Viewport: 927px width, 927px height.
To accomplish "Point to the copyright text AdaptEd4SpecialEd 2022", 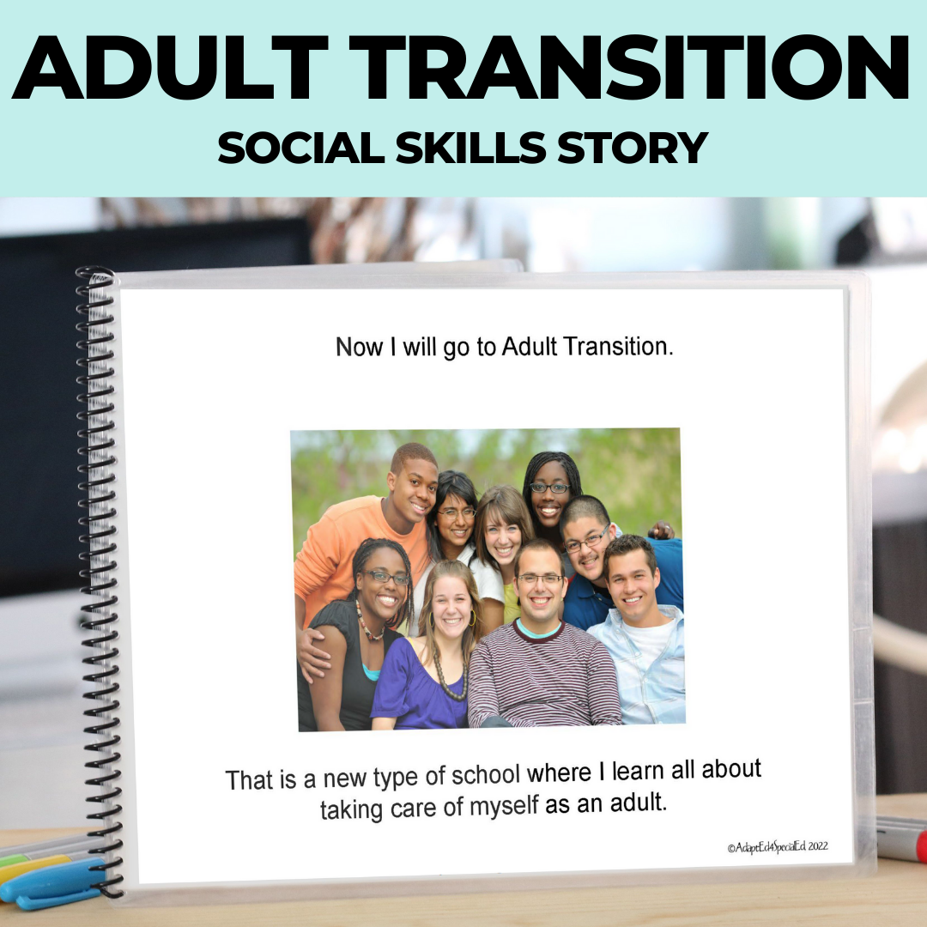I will [778, 846].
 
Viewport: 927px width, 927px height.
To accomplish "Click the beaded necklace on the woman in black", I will [369, 631].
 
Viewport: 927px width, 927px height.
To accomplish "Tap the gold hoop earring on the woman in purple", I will [471, 618].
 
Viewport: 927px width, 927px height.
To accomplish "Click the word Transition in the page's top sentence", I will [612, 347].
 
